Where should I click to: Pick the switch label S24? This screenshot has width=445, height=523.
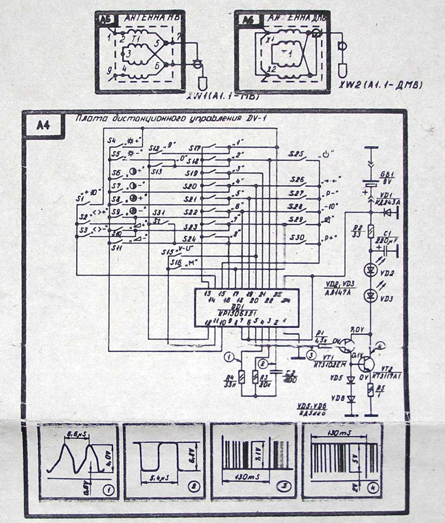tap(189, 239)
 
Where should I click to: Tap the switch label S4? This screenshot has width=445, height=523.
tap(112, 140)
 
